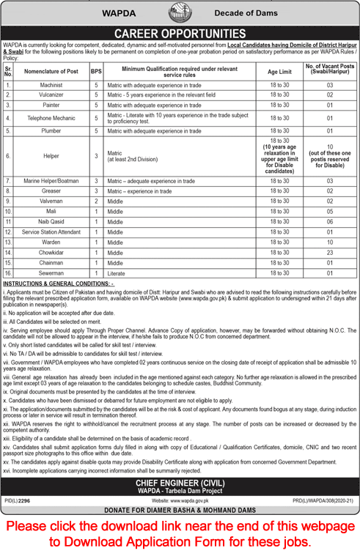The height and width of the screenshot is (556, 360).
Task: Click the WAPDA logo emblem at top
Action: pyautogui.click(x=180, y=13)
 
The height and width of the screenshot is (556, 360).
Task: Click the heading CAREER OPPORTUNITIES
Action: pyautogui.click(x=180, y=33)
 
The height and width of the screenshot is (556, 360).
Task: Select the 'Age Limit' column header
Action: pyautogui.click(x=279, y=71)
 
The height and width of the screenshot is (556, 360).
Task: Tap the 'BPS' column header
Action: pyautogui.click(x=96, y=71)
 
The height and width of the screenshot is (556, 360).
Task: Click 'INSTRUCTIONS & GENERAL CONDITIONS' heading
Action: pyautogui.click(x=58, y=283)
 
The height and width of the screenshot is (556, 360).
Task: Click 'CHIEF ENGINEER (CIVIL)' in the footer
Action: pyautogui.click(x=180, y=484)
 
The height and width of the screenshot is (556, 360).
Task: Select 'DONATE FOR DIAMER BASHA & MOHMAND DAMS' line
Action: pyautogui.click(x=180, y=510)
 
